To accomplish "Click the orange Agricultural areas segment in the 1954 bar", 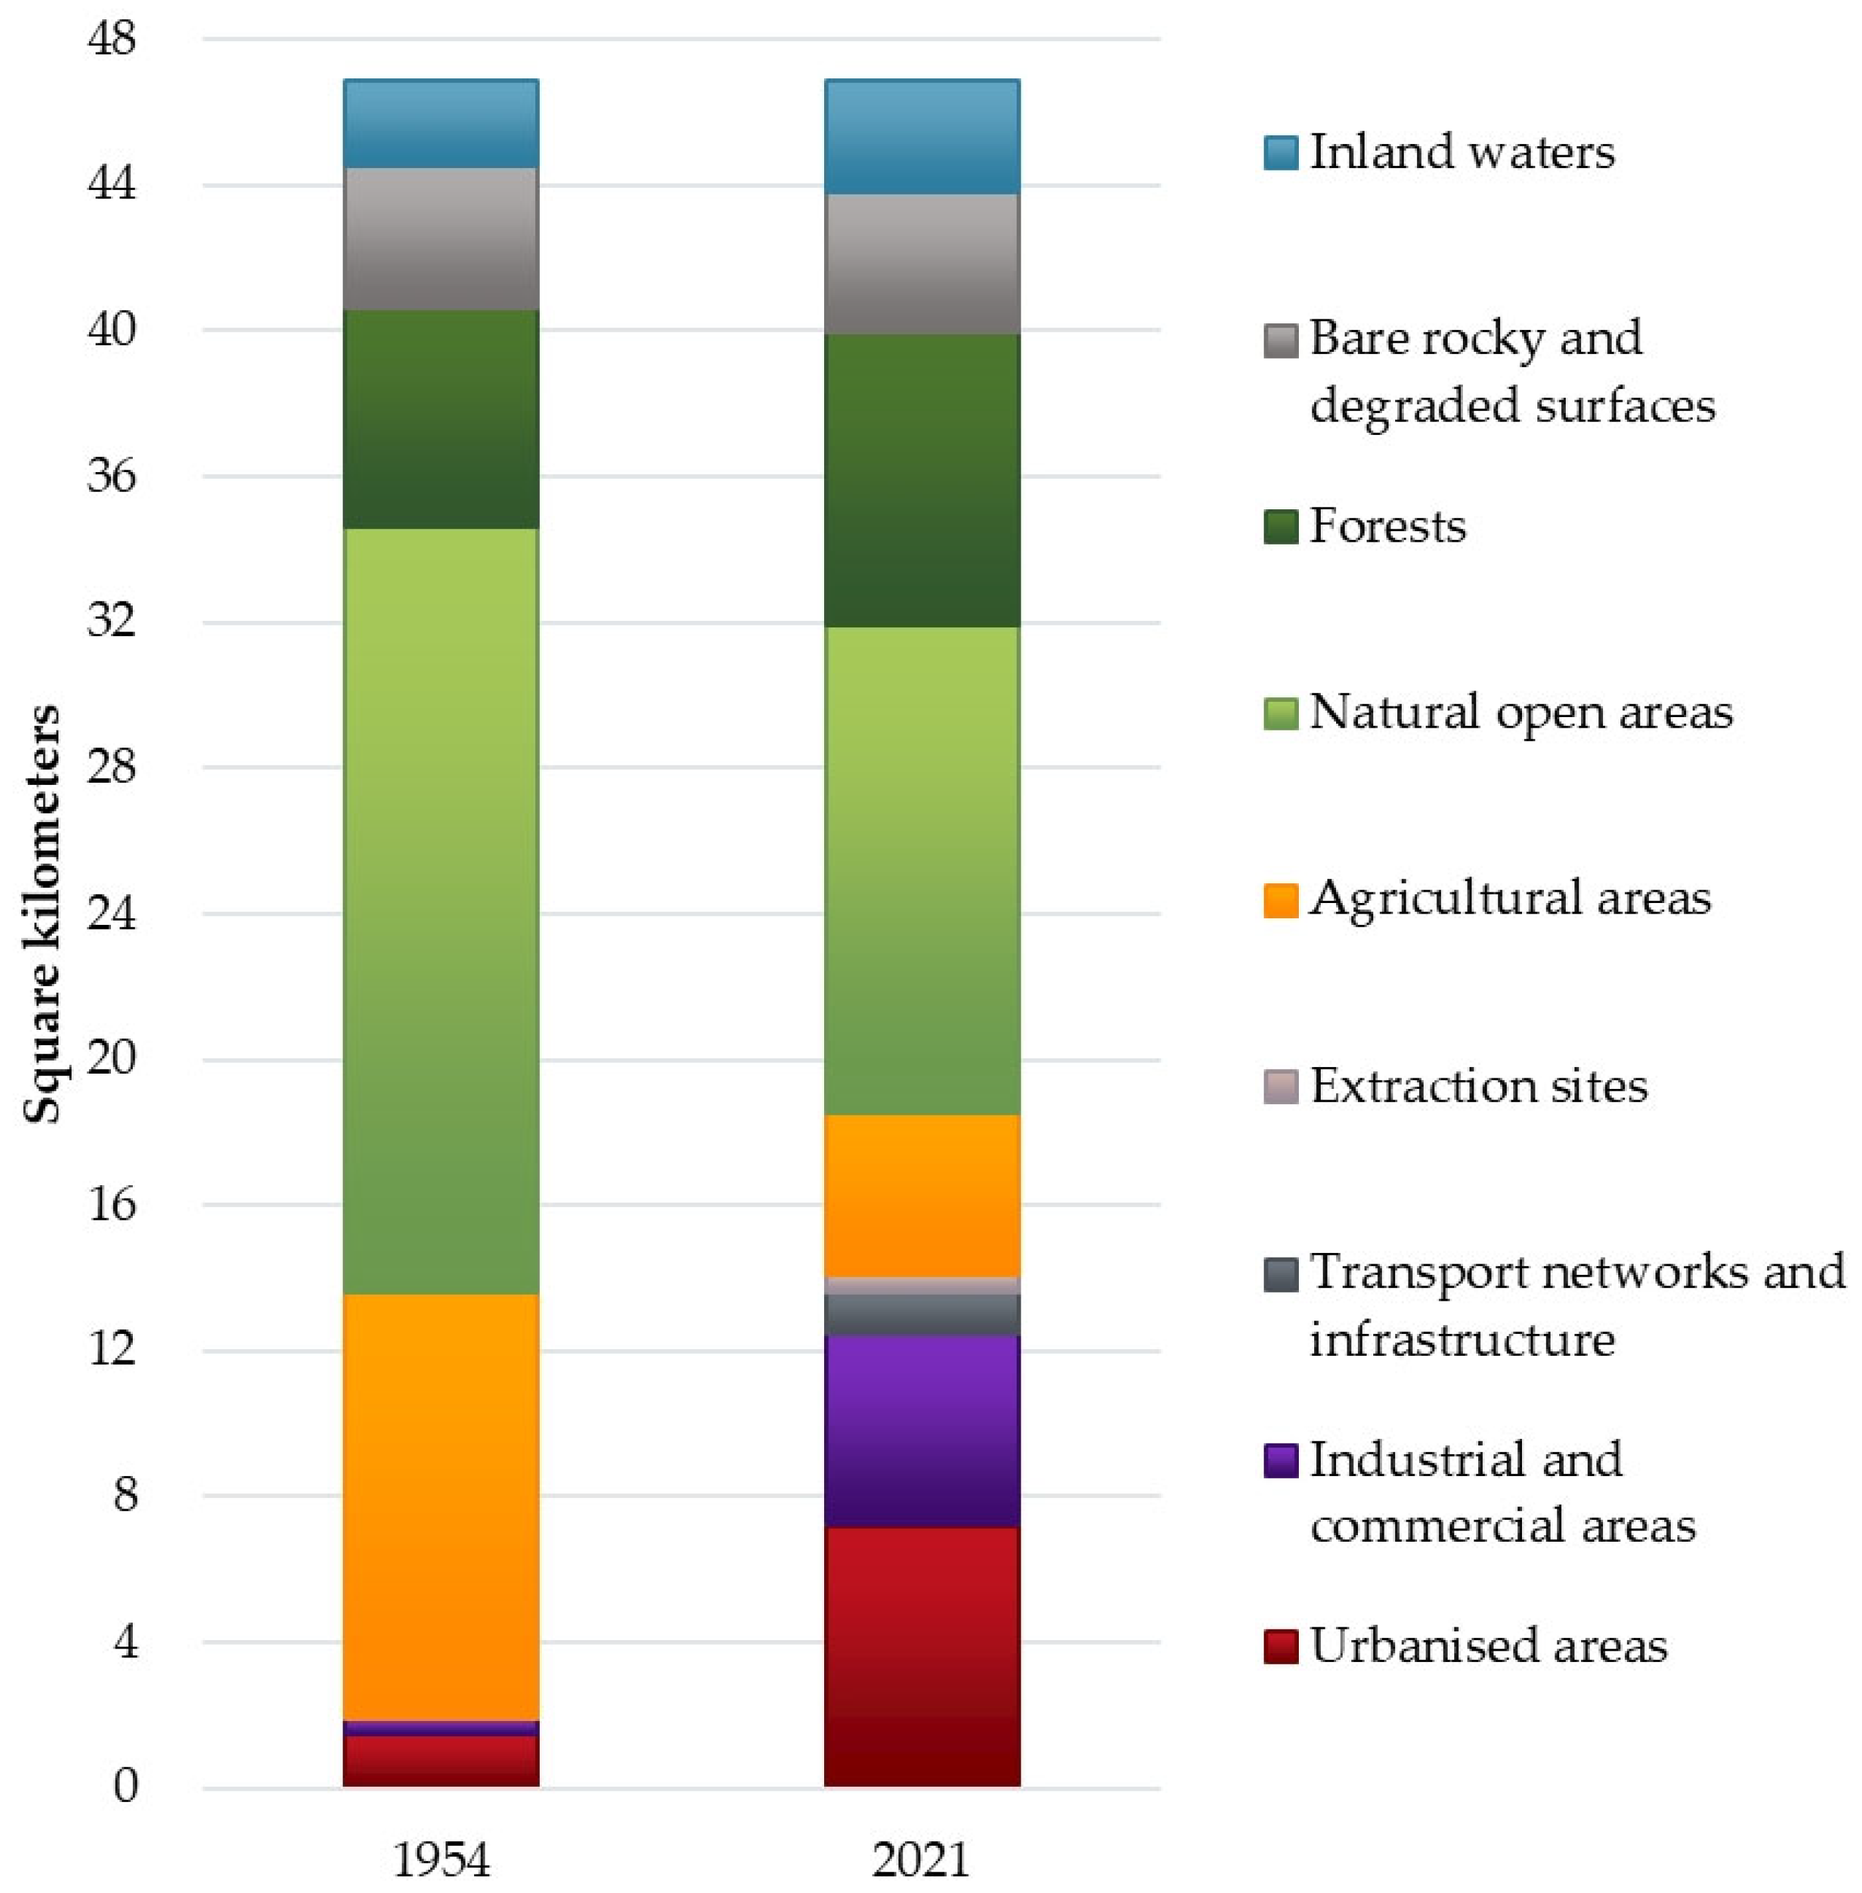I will [x=440, y=1506].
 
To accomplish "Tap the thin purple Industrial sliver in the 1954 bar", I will [x=440, y=1728].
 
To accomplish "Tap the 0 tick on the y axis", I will [x=126, y=1785].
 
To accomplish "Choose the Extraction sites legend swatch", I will [x=1280, y=1086].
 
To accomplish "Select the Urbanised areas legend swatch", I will [x=1280, y=1645].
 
